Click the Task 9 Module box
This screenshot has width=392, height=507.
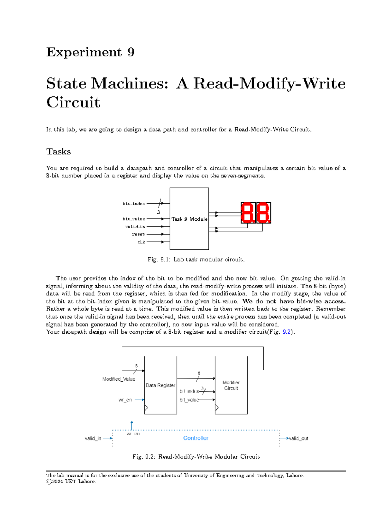coord(189,219)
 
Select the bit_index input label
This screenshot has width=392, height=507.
coord(134,204)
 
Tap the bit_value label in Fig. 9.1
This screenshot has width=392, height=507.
coord(134,219)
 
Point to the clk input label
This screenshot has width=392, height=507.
coord(141,242)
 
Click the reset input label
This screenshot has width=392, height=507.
coord(139,234)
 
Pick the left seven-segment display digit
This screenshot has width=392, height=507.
coord(248,213)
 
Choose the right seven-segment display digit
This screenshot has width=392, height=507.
coord(263,213)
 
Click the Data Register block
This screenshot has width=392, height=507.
coord(160,385)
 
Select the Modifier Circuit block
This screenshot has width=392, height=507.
coord(231,385)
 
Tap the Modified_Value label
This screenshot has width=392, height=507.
coord(119,379)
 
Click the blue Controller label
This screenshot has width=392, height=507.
coord(196,438)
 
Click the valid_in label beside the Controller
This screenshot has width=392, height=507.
coord(93,438)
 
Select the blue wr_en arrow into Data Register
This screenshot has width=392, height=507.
coord(139,400)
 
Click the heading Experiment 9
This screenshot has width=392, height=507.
coord(90,52)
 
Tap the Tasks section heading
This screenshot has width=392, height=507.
coord(58,151)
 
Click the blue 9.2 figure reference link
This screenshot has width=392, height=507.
coord(286,332)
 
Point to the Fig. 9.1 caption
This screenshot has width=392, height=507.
coord(196,260)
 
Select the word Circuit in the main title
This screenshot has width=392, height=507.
coord(73,102)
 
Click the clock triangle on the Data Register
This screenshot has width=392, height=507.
coord(146,408)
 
